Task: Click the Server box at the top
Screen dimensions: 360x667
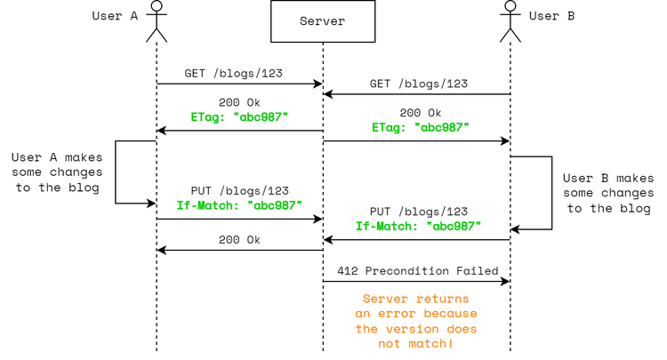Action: (x=322, y=21)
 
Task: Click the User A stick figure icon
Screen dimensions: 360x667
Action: (x=157, y=20)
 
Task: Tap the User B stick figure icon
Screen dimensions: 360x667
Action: (x=510, y=20)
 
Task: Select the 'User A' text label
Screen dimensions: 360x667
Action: (x=114, y=16)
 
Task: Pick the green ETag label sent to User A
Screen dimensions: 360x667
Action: (x=239, y=116)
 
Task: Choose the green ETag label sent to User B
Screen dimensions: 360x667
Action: (x=421, y=127)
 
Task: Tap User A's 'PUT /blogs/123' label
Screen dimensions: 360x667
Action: (x=239, y=191)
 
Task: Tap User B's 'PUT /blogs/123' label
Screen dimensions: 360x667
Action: (x=419, y=212)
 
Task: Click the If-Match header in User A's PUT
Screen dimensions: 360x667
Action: (x=239, y=205)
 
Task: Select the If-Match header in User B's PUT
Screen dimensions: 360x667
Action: (x=419, y=226)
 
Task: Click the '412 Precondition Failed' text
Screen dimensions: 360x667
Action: (x=417, y=270)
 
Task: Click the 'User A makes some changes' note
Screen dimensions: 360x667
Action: (x=57, y=172)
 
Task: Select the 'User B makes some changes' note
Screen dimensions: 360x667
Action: (x=608, y=193)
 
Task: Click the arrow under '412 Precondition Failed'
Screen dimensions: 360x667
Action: (x=416, y=282)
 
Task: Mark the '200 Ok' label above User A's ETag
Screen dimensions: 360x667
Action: (x=239, y=102)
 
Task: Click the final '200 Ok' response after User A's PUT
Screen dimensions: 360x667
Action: (x=239, y=239)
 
